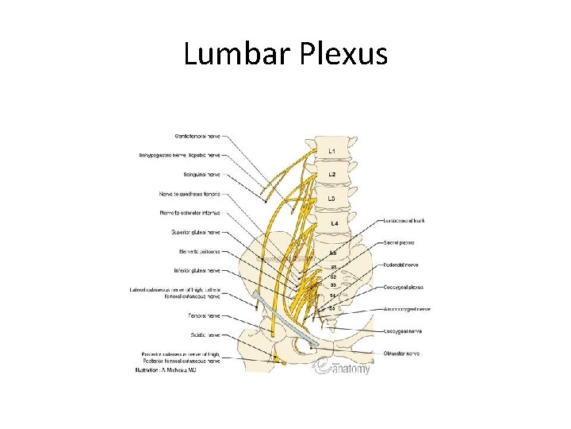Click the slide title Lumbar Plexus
[285, 54]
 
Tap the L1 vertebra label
[332, 150]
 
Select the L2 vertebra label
[332, 174]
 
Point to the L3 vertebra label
[332, 198]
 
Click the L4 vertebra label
[334, 224]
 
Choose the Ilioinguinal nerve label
[201, 174]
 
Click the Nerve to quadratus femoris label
[190, 194]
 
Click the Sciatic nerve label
[205, 334]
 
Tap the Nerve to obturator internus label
[191, 213]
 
